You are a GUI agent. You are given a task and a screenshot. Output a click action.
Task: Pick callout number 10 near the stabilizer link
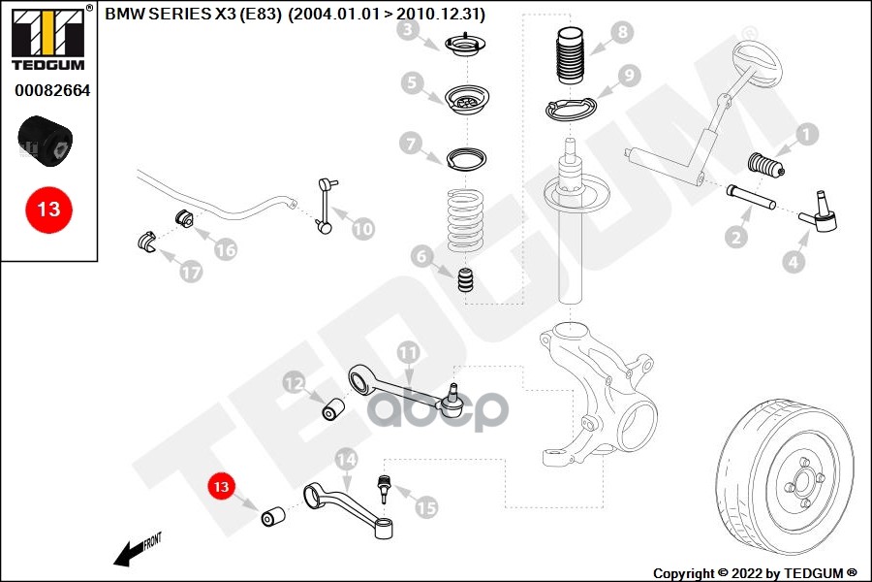361,230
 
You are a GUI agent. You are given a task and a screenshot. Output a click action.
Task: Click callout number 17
191,273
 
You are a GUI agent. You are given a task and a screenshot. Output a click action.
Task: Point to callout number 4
794,261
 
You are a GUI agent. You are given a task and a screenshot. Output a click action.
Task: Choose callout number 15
425,506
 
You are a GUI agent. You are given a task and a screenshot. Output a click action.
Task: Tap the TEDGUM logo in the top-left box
48,39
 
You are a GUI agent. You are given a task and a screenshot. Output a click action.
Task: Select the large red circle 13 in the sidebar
48,209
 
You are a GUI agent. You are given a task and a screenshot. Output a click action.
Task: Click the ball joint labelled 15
384,485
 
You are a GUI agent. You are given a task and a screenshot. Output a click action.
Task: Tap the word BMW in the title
122,15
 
